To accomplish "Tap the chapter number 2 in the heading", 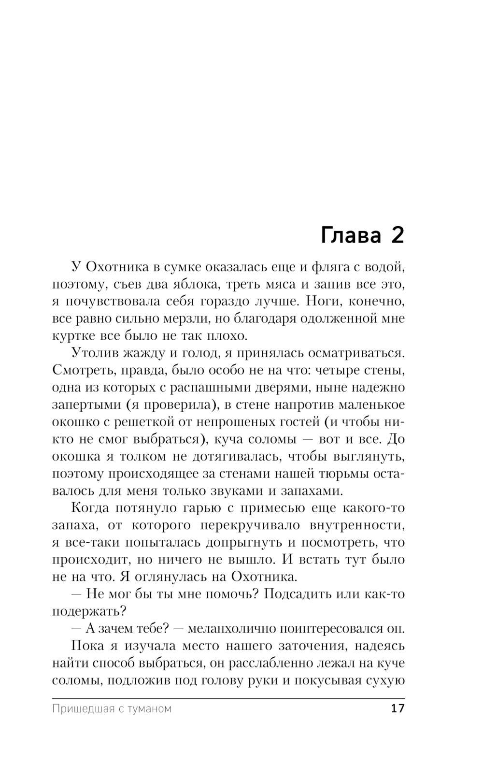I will click(x=396, y=235).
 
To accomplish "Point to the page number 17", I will click(x=397, y=709).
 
